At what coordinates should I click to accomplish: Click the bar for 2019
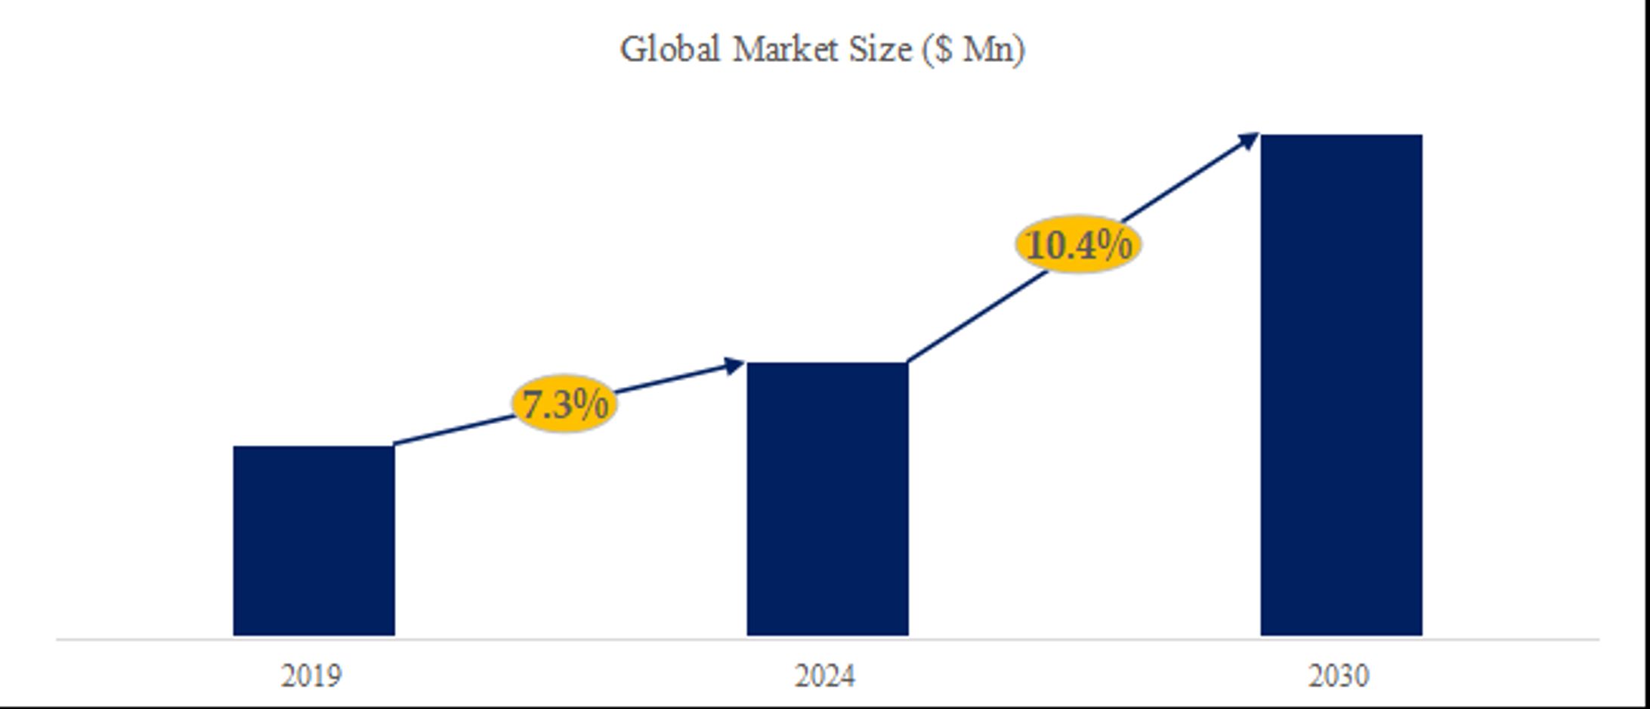click(x=314, y=540)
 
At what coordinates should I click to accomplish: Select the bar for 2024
click(x=827, y=499)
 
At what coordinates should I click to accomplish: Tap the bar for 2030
click(x=1341, y=385)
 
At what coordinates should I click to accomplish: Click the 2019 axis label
click(x=311, y=676)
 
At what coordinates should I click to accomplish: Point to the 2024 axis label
click(x=825, y=676)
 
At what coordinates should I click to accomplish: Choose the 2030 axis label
click(x=1339, y=676)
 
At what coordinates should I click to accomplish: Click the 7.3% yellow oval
click(x=564, y=404)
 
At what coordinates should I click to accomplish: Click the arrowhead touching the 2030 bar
click(x=1248, y=140)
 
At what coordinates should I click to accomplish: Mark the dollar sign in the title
click(x=943, y=51)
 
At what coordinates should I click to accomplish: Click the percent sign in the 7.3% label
click(x=590, y=404)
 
